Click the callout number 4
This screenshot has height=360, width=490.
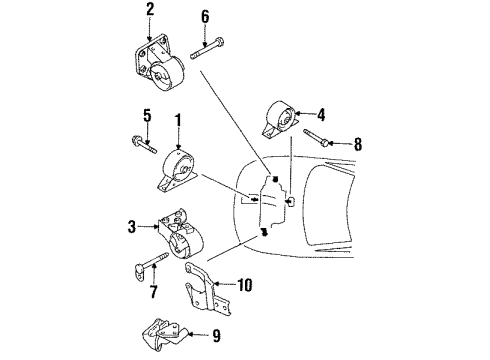pyautogui.click(x=322, y=113)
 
